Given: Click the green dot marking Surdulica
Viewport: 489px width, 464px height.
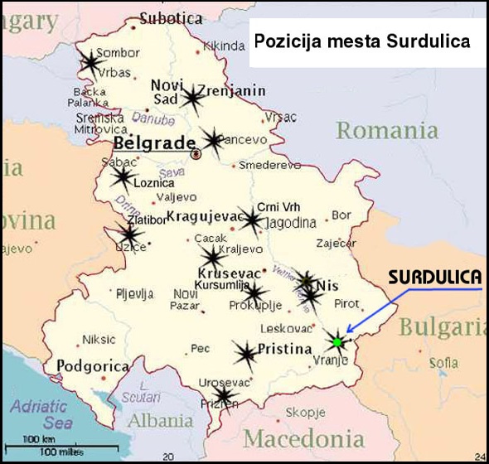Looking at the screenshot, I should click(x=336, y=341).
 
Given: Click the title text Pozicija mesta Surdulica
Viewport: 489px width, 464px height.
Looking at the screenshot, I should click(x=361, y=41).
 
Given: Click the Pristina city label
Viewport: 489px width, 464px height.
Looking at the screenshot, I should click(x=284, y=349).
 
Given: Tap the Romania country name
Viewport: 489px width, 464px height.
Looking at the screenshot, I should click(x=387, y=130).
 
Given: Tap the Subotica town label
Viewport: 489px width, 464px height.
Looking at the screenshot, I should click(x=171, y=17).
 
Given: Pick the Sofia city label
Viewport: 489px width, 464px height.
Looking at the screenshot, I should click(x=443, y=362).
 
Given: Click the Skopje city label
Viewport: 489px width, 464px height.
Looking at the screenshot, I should click(x=306, y=412).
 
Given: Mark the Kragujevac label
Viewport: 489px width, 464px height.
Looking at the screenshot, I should click(x=203, y=217).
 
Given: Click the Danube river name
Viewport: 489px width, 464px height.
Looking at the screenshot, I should click(x=148, y=118).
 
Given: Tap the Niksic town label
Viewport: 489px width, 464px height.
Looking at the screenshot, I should click(x=99, y=340).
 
